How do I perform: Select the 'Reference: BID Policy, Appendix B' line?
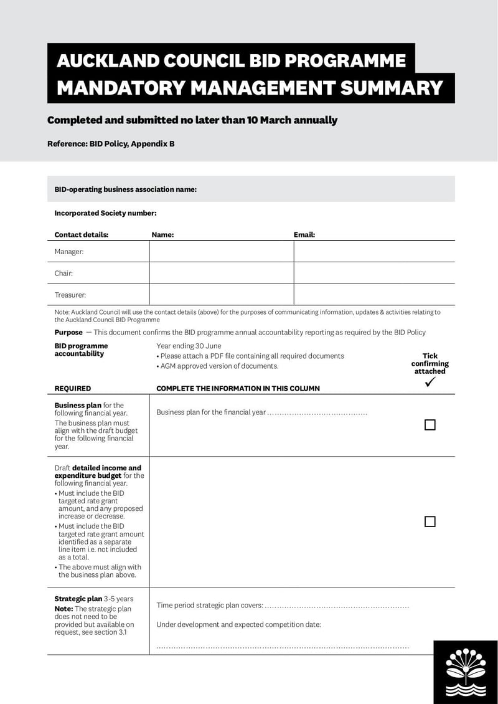pyautogui.click(x=111, y=144)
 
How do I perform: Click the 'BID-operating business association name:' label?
pyautogui.click(x=125, y=189)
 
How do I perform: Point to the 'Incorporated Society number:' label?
pyautogui.click(x=105, y=213)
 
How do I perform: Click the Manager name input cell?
pyautogui.click(x=221, y=252)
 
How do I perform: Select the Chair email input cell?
pyautogui.click(x=374, y=273)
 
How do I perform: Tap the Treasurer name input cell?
pyautogui.click(x=221, y=295)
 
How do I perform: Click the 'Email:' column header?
pyautogui.click(x=304, y=235)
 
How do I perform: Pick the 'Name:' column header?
pyautogui.click(x=162, y=235)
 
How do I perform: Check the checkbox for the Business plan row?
pyautogui.click(x=430, y=425)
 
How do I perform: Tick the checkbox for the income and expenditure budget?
pyautogui.click(x=430, y=521)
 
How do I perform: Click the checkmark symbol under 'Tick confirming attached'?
pyautogui.click(x=430, y=383)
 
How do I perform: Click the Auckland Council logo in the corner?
pyautogui.click(x=466, y=673)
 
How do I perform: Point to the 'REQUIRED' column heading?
pyautogui.click(x=72, y=388)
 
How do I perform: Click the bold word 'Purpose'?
pyautogui.click(x=68, y=333)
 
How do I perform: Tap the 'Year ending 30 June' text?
pyautogui.click(x=189, y=346)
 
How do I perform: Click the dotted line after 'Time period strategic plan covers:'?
pyautogui.click(x=337, y=606)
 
